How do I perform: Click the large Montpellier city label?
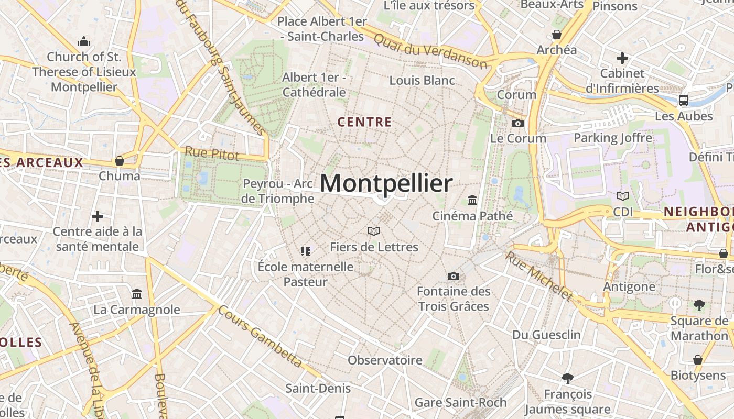pyautogui.click(x=386, y=184)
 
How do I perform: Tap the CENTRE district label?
pyautogui.click(x=364, y=123)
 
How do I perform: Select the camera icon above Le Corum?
pyautogui.click(x=517, y=124)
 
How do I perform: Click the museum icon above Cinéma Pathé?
pyautogui.click(x=472, y=200)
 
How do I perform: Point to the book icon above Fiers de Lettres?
pyautogui.click(x=373, y=231)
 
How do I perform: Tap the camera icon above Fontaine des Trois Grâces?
pyautogui.click(x=454, y=276)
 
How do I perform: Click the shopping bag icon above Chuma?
pyautogui.click(x=120, y=161)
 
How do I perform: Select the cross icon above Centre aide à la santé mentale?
pyautogui.click(x=98, y=216)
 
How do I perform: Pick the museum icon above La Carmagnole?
pyautogui.click(x=137, y=294)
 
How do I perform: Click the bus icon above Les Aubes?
pyautogui.click(x=684, y=100)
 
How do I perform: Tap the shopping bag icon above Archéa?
pyautogui.click(x=556, y=35)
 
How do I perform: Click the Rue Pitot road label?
pyautogui.click(x=211, y=153)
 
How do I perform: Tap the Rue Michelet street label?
pyautogui.click(x=539, y=277)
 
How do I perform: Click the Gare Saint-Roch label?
pyautogui.click(x=460, y=402)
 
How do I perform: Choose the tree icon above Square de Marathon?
pyautogui.click(x=699, y=305)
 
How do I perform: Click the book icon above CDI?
pyautogui.click(x=622, y=196)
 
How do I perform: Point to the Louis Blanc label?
pyautogui.click(x=422, y=81)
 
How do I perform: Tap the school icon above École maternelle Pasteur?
pyautogui.click(x=306, y=251)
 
